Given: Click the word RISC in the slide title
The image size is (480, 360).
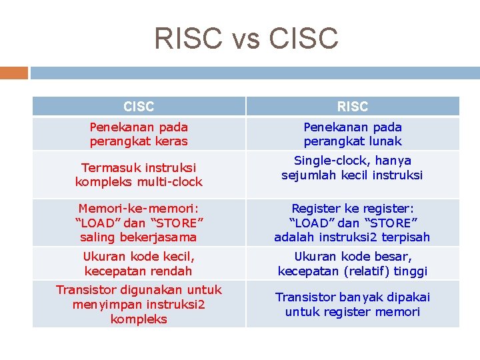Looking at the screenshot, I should [187, 38].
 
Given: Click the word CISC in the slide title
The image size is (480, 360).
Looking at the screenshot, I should [303, 38].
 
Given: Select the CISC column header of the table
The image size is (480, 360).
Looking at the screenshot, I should [139, 107].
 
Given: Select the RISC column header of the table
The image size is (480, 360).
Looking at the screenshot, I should [352, 107].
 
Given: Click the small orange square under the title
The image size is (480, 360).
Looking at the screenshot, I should [13, 73].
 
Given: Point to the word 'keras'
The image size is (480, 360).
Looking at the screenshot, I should [171, 141].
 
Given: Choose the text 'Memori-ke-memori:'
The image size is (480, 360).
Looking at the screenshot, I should [139, 208].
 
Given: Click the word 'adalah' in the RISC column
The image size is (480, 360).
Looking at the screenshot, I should [293, 237].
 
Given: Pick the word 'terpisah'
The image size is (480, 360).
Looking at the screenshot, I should [406, 237].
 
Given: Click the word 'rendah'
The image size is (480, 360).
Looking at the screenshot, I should [169, 271].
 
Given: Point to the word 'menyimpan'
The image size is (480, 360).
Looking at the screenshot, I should [103, 305].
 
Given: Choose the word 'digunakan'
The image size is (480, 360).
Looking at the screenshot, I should [145, 290].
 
